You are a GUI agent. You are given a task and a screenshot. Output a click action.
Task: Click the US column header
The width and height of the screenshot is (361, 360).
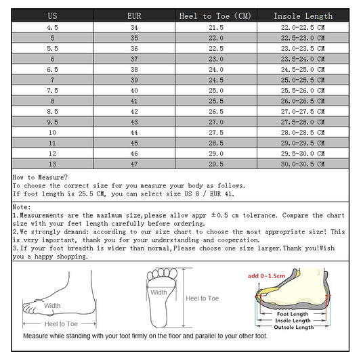coord(51,16)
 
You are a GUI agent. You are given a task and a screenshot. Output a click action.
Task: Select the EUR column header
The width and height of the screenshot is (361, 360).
coord(133,16)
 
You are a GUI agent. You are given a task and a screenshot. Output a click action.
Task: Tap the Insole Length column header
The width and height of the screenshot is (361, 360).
coord(303,16)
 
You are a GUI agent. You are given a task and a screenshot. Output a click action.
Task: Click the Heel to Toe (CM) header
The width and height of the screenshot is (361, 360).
coord(215,16)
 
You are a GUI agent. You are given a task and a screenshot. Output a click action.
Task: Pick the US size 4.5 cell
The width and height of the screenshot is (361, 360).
coord(51,27)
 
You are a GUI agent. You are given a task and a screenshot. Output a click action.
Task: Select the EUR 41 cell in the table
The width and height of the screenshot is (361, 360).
coord(133,100)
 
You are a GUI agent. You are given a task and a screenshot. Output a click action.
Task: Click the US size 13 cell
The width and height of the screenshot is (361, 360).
coord(51,163)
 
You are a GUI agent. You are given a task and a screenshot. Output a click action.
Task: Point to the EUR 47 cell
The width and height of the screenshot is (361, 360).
coord(133,163)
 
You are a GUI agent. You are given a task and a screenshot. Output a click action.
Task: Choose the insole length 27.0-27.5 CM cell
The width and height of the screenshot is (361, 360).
coord(303,111)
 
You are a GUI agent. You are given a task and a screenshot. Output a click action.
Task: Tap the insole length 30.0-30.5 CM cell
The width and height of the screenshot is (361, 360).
coord(303,163)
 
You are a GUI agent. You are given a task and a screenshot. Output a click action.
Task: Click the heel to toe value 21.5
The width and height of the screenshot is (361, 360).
coord(215,27)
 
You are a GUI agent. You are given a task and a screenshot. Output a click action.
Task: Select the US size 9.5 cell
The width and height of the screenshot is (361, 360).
coord(51,121)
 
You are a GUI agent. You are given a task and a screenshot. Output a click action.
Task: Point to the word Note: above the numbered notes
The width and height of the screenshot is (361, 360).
coord(22,206)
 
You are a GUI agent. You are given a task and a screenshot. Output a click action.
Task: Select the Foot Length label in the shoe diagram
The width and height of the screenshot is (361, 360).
coord(293,313)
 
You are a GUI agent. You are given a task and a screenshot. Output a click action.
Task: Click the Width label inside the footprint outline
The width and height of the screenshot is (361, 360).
coord(158,293)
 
